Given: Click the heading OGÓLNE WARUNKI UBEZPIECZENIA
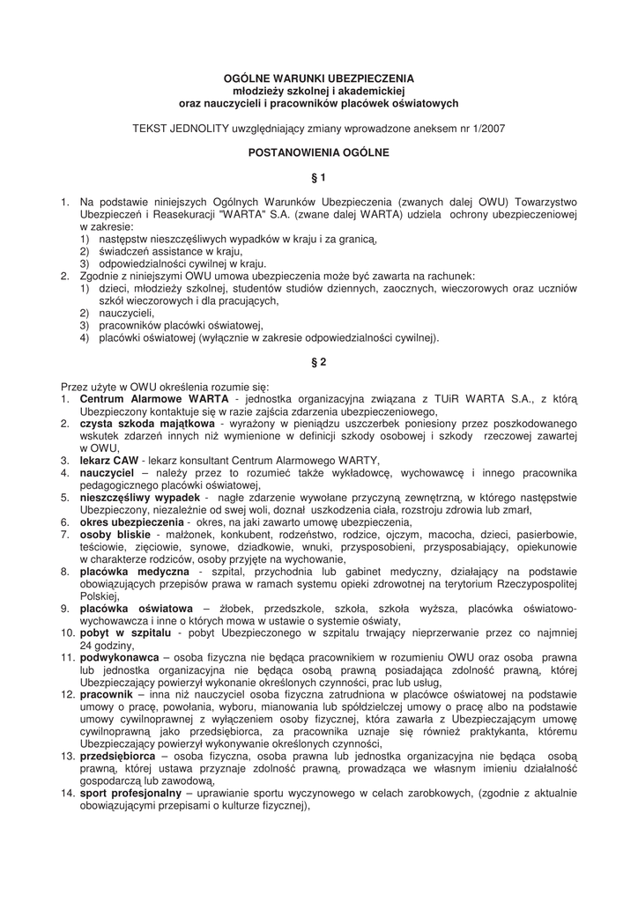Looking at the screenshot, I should tap(318, 78).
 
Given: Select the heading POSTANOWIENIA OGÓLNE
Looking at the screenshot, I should tap(318, 152).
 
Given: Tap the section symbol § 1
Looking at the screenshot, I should tap(319, 177).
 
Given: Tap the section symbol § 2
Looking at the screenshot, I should tap(319, 362).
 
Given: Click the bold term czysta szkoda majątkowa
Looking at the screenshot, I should tap(134, 424).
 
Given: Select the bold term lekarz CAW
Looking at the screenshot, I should tap(109, 461).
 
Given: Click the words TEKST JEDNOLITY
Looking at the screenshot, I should tap(180, 128).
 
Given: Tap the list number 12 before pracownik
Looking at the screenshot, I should tap(67, 695).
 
